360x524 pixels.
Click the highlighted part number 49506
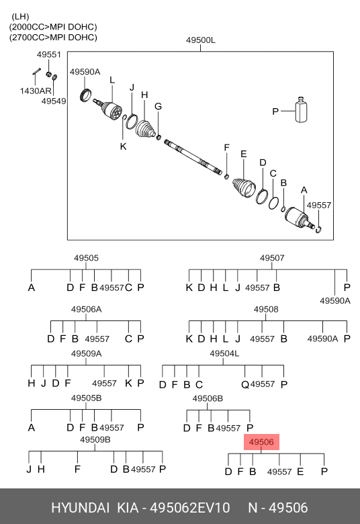pos(261,442)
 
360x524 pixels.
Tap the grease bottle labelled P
pos(301,110)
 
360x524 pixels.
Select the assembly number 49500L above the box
pos(201,40)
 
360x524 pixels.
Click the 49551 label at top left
pos(49,54)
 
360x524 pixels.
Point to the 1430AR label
pos(36,91)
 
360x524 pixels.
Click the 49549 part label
pos(54,101)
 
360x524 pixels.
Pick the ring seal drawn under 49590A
pos(86,95)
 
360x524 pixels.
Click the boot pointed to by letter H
pos(145,129)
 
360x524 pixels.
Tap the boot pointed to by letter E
pos(244,188)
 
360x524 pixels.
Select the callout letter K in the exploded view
pos(124,146)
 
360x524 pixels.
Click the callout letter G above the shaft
pos(158,107)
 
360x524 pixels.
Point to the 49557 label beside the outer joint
pos(319,205)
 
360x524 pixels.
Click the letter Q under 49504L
pos(245,385)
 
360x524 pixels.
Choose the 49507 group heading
pos(272,258)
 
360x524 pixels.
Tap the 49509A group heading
pos(86,353)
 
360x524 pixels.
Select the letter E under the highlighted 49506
pos(300,472)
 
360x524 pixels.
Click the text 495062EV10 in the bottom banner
pos(189,508)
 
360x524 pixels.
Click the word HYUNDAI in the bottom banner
pos(80,508)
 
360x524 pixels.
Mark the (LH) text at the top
pos(20,17)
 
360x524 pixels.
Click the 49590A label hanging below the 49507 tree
pos(335,301)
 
